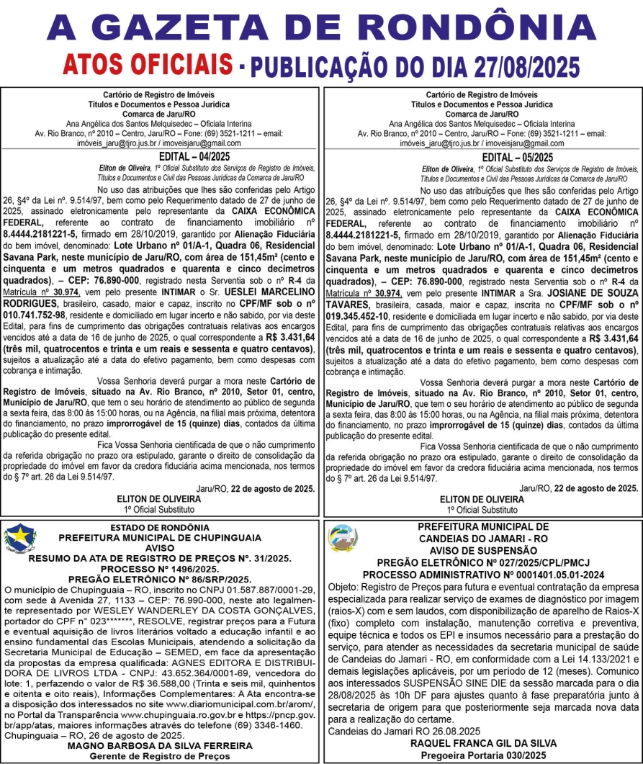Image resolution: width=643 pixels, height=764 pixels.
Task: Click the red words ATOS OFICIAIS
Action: (148, 66)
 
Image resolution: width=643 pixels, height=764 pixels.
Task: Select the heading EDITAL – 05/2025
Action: (482, 156)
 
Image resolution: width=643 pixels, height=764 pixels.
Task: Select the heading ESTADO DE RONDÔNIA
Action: (160, 528)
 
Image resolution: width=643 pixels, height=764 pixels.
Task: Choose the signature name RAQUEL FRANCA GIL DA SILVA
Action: (482, 742)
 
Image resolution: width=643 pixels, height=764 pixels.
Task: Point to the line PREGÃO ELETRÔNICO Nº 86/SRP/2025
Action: (159, 578)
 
